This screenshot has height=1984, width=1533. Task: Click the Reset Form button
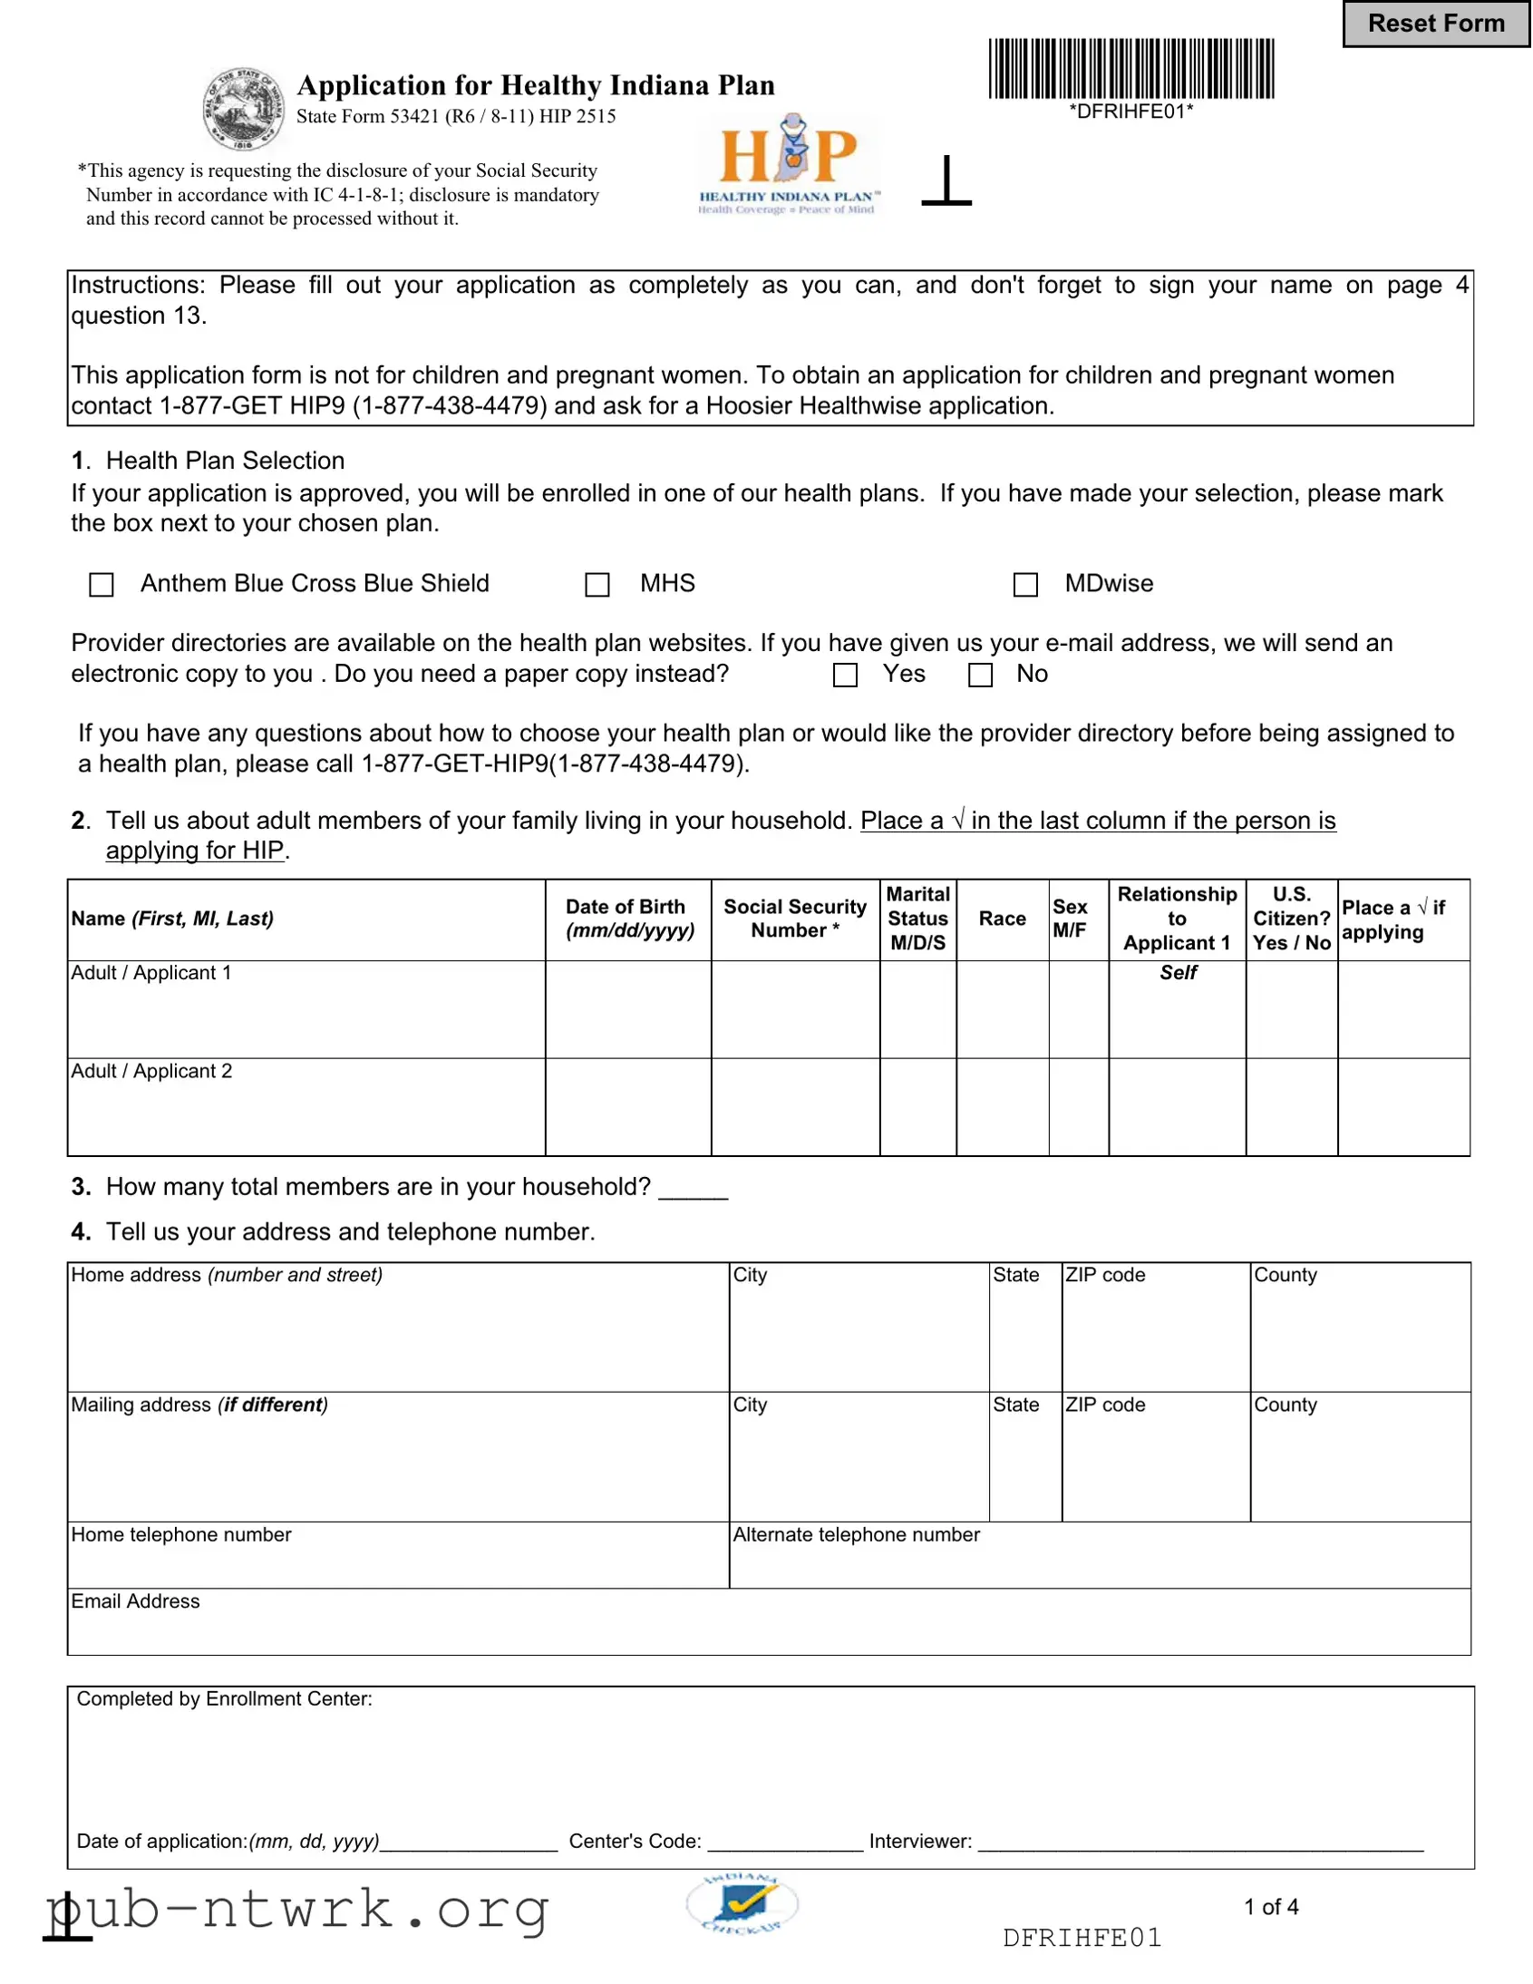pos(1436,24)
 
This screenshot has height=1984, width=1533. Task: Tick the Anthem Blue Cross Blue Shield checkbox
pos(102,584)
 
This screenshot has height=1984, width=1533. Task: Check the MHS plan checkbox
pos(597,584)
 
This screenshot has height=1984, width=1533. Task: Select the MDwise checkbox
pos(1025,584)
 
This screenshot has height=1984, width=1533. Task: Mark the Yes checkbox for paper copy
pos(845,675)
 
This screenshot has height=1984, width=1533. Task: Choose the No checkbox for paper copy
pos(980,675)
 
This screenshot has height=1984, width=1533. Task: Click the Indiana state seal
pos(242,109)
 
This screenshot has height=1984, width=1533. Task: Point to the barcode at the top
pos(1130,69)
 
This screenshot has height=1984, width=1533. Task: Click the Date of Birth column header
pos(628,919)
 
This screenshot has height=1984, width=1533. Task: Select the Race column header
pos(1002,919)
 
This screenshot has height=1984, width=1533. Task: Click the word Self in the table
pos(1178,973)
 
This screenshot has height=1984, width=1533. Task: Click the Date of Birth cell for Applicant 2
pos(628,1107)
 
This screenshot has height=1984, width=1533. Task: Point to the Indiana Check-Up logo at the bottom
pos(742,1903)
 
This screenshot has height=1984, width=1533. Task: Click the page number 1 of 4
pos(1270,1907)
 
